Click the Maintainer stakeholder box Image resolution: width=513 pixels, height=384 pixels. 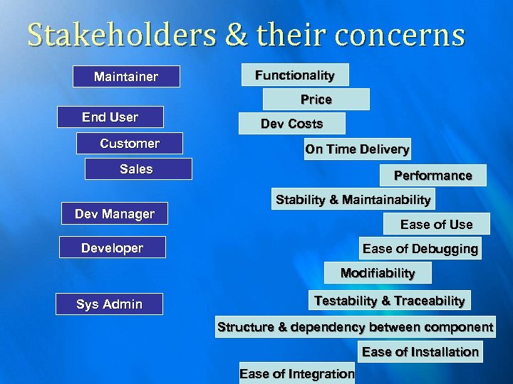point(126,76)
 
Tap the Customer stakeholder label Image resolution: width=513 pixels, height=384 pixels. point(130,144)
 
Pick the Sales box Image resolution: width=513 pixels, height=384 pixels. point(138,169)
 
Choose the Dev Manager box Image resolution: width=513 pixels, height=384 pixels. point(115,213)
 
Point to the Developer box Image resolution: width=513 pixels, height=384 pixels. point(113,247)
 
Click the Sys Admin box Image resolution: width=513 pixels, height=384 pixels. point(110,304)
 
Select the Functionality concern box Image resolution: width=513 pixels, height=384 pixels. point(295,75)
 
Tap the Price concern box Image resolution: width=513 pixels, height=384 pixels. point(316,99)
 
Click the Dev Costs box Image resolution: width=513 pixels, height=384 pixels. point(291,124)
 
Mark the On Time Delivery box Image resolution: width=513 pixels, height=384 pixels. point(357,149)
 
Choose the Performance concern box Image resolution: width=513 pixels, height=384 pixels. point(433,175)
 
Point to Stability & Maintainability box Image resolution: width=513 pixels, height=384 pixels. point(353,200)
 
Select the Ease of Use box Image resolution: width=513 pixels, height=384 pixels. point(436,224)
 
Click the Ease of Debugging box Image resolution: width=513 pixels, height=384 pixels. point(420,248)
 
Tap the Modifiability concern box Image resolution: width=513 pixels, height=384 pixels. point(378,273)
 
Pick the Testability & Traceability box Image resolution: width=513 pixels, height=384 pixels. point(389,301)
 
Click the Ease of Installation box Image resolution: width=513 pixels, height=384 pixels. point(420,351)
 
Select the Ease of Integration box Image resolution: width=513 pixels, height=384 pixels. point(297,373)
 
